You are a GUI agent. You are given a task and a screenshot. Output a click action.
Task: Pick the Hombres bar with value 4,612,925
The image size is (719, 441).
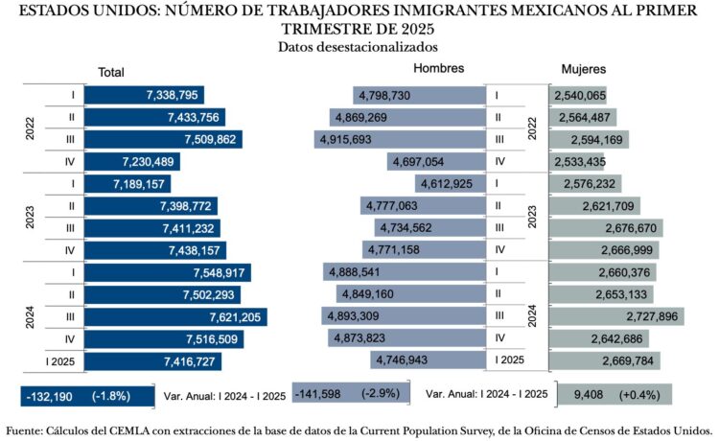pos(451,183)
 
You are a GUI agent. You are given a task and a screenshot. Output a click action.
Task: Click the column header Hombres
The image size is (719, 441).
pos(438,69)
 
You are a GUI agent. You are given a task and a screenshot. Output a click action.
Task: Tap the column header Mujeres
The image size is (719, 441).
pos(583,70)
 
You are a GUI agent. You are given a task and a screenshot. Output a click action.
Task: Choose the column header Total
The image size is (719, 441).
pos(111,72)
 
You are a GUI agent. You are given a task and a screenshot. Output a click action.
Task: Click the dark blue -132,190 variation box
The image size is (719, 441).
pos(86,396)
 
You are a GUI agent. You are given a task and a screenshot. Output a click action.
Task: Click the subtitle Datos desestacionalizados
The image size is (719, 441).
pos(359,46)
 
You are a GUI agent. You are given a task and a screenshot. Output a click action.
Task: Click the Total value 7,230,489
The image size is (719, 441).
pos(143,161)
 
